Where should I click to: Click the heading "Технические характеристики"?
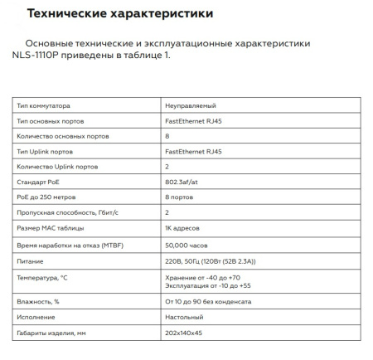[119, 14]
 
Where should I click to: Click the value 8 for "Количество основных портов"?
[168, 136]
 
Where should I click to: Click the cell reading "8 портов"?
[181, 197]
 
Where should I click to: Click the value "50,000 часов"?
[187, 245]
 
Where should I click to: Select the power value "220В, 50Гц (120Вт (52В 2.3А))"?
[216, 261]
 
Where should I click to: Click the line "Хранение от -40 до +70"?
[201, 277]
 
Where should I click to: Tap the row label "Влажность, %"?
[38, 301]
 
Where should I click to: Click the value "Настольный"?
[185, 317]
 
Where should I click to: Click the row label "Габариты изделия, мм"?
[51, 333]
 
